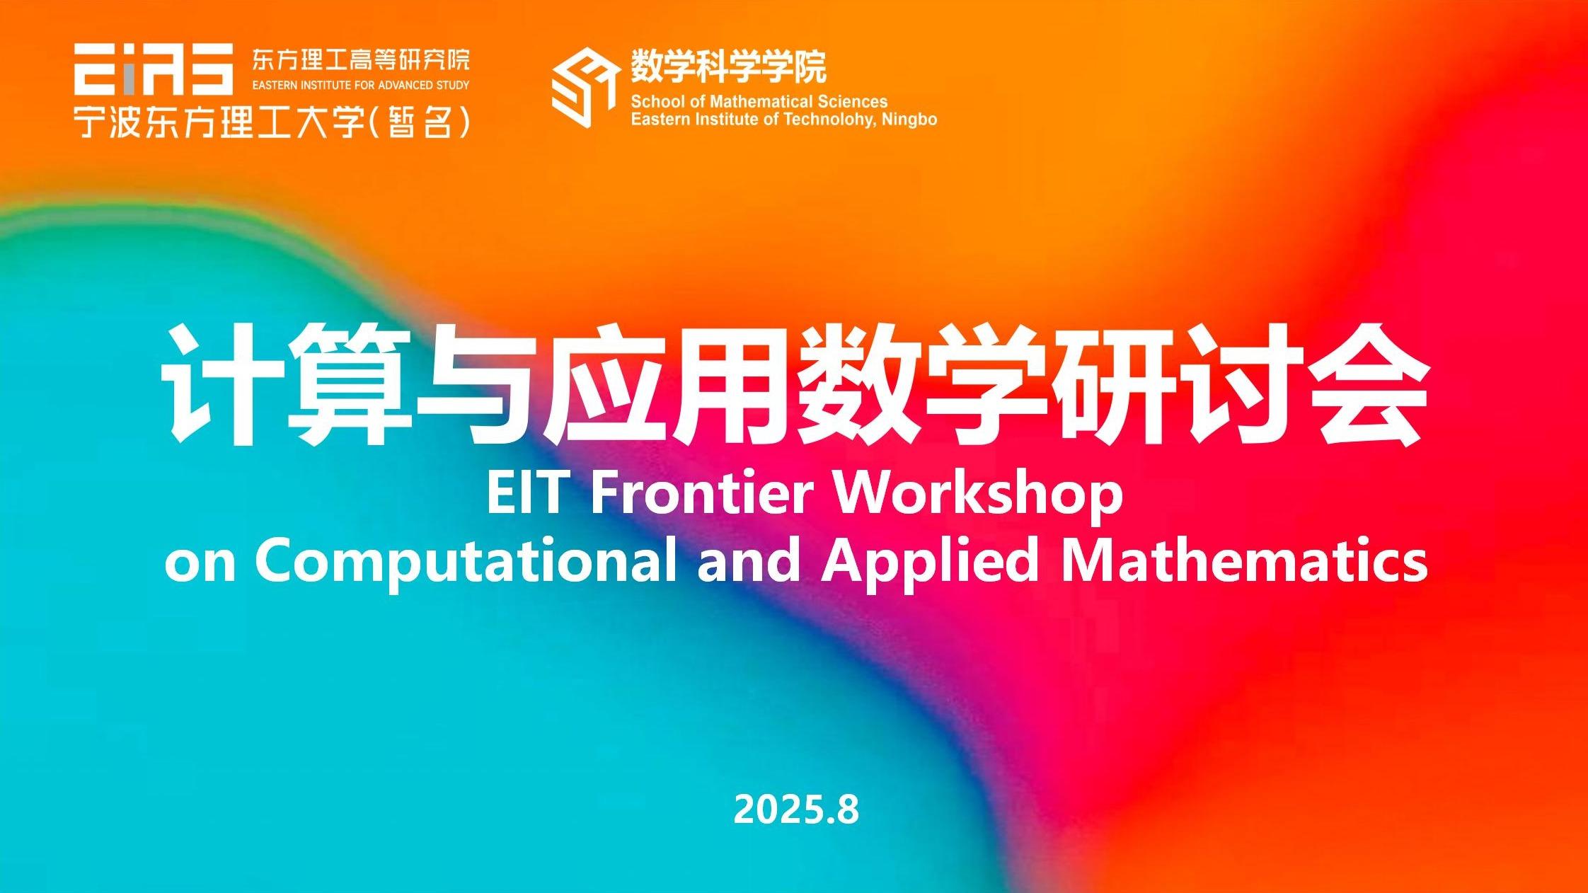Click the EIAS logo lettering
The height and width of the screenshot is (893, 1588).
[x=154, y=69]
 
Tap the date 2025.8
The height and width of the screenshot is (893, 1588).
[x=796, y=809]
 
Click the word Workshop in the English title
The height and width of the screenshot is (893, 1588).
[x=979, y=497]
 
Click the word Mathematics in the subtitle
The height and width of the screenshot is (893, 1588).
[x=1245, y=559]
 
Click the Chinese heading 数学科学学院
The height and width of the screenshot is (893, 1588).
[x=729, y=67]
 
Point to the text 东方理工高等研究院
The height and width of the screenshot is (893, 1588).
[x=361, y=60]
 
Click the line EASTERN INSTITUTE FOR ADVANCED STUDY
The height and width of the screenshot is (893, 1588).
[x=361, y=86]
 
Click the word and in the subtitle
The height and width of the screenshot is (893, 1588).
[x=749, y=559]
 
